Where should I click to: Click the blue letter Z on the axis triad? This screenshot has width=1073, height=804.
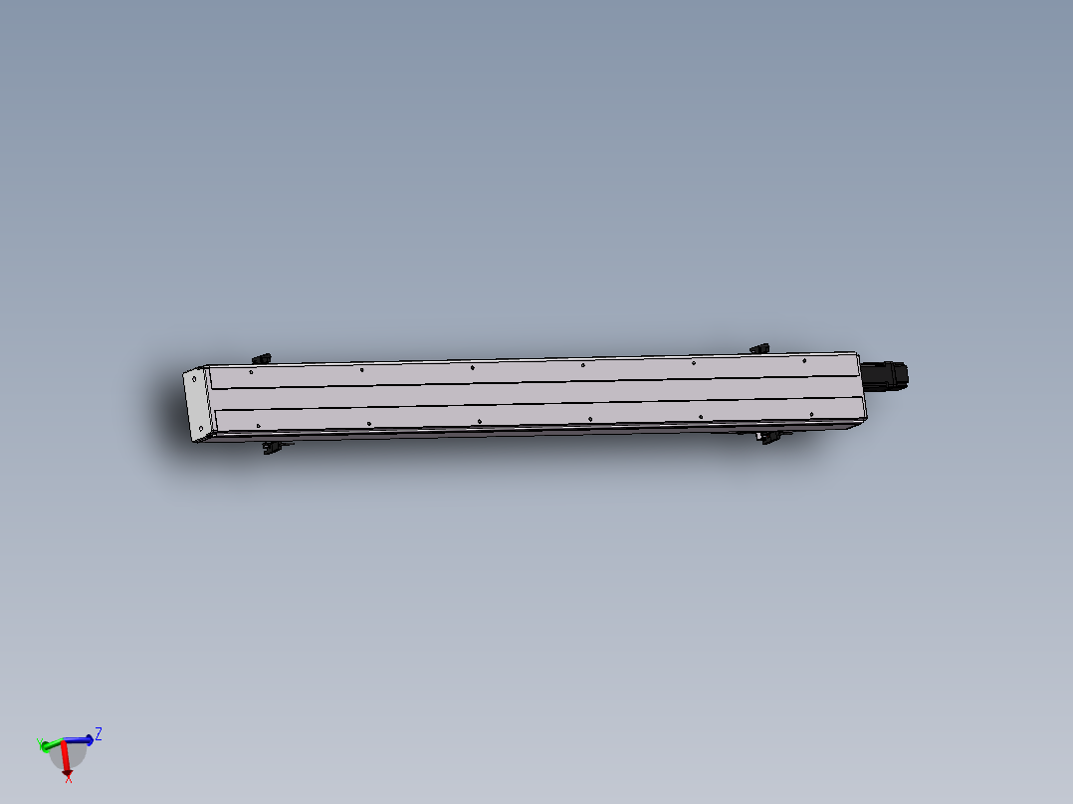(99, 734)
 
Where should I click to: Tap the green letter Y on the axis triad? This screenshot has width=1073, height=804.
(40, 741)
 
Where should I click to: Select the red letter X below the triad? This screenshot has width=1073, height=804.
(68, 778)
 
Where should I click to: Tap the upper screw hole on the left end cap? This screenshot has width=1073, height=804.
(192, 378)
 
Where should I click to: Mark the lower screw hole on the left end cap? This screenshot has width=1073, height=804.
(202, 429)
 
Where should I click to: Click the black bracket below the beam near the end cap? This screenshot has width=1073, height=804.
(271, 449)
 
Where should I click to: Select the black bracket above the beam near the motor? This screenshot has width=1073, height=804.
(759, 348)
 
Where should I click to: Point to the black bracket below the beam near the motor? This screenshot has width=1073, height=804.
(768, 437)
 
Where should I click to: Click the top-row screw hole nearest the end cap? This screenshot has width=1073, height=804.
(251, 372)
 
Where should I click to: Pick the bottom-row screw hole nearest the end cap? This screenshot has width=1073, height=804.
(258, 426)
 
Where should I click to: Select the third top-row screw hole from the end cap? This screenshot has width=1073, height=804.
(472, 367)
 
